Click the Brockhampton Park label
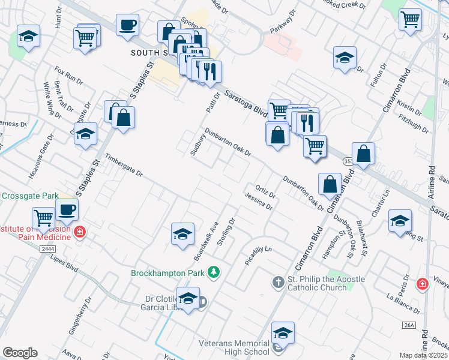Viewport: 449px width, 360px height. [x=168, y=273]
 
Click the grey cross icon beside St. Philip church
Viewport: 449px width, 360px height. [x=277, y=281]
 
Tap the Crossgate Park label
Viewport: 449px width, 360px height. [x=29, y=196]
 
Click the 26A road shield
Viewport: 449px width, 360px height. [x=409, y=325]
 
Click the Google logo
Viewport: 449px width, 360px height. [x=20, y=353]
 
